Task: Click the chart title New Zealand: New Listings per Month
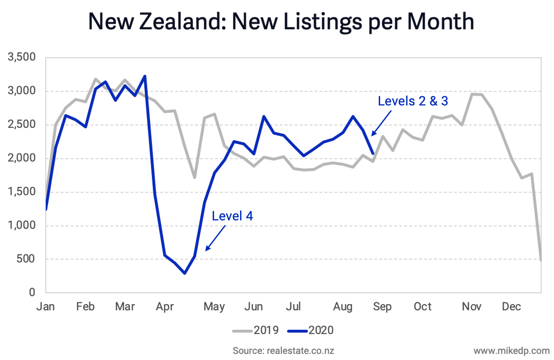pyautogui.click(x=281, y=22)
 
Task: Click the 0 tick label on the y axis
pyautogui.click(x=32, y=293)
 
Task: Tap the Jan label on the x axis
pyautogui.click(x=45, y=306)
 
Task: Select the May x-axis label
pyautogui.click(x=215, y=306)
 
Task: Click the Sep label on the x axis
pyautogui.click(x=382, y=306)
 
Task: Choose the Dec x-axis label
pyautogui.click(x=511, y=306)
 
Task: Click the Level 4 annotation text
pyautogui.click(x=232, y=216)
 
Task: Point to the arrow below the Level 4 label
pyautogui.click(x=215, y=238)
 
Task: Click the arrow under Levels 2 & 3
pyautogui.click(x=382, y=123)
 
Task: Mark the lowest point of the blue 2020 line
pyautogui.click(x=185, y=274)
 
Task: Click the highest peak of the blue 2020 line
pyautogui.click(x=144, y=76)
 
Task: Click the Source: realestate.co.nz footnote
pyautogui.click(x=283, y=350)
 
